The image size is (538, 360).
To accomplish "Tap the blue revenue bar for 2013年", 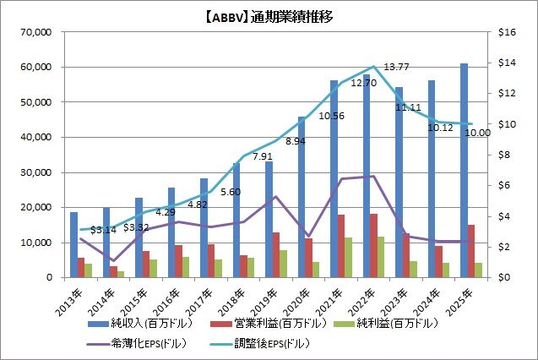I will [73, 245].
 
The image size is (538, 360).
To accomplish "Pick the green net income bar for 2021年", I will [348, 257].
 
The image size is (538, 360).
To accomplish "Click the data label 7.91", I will [262, 156].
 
